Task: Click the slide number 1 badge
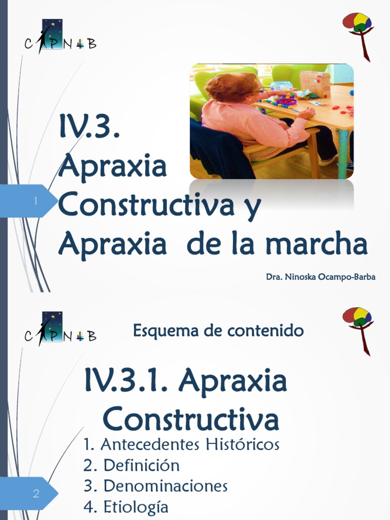point(36,202)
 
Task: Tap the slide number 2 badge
point(36,493)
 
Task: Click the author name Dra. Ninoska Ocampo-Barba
point(320,277)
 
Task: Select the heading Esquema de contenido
point(218,331)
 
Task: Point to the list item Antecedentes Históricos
point(181,444)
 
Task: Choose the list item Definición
point(132,465)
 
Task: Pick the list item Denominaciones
point(156,486)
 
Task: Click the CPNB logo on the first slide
point(60,37)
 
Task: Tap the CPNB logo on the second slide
point(60,329)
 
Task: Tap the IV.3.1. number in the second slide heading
point(127,382)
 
